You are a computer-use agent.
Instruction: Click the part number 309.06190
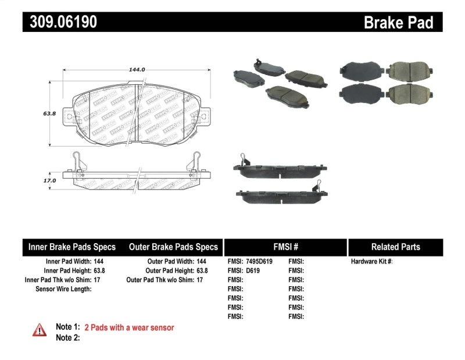(x=60, y=22)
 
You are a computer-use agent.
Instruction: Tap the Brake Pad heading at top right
(x=398, y=23)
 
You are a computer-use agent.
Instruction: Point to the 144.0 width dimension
(x=137, y=69)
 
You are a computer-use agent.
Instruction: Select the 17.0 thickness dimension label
(x=50, y=181)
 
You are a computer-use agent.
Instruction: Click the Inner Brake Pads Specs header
(x=72, y=247)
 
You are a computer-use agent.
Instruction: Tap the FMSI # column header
(x=285, y=247)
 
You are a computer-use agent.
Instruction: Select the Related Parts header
(x=396, y=247)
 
